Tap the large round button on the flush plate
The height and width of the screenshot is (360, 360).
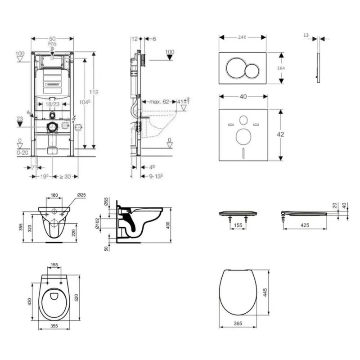pos(234,68)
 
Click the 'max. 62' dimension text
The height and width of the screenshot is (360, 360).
pos(159,102)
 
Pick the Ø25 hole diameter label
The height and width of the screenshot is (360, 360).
pos(81,195)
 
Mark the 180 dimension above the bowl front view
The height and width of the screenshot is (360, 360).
pos(54,195)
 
